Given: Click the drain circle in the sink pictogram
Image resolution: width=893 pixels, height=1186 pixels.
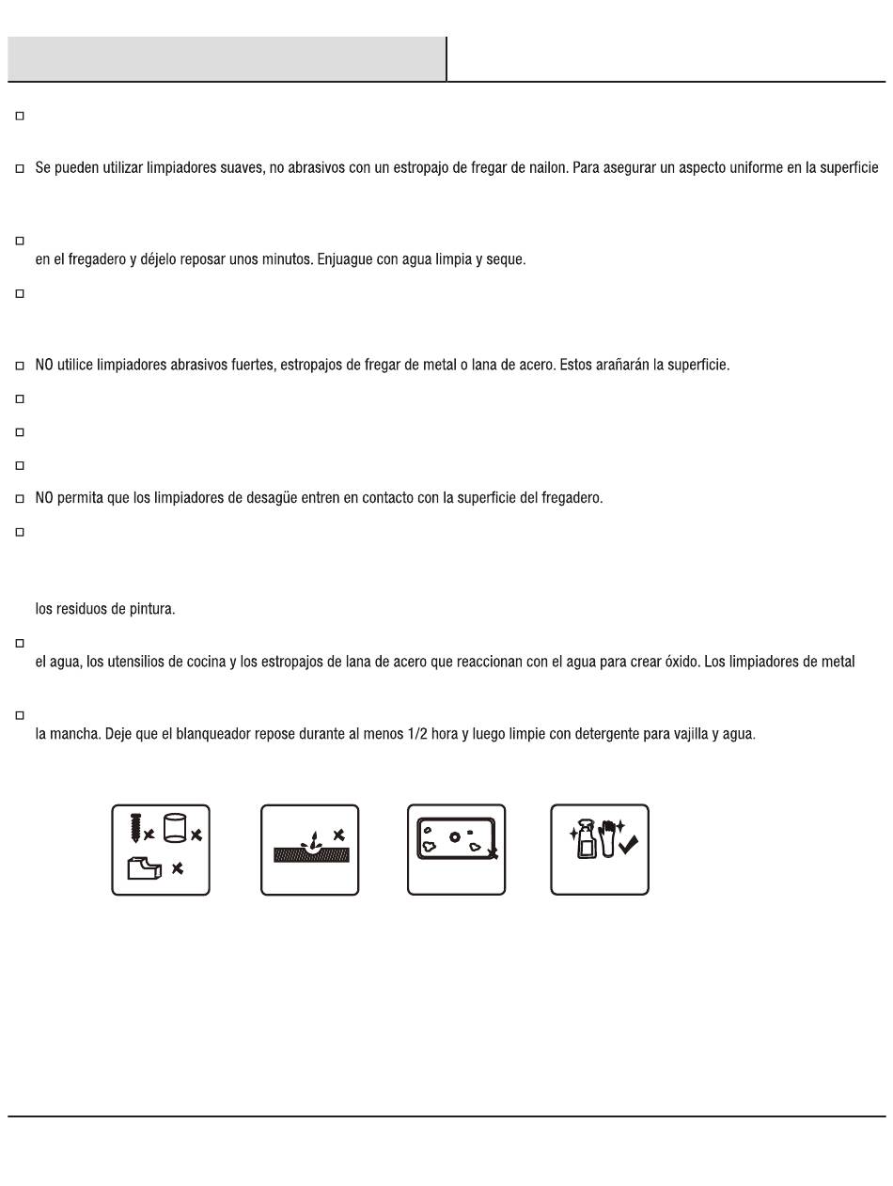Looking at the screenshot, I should coord(455,836).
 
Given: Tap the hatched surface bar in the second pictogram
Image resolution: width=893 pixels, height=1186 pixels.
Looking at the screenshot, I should coord(311,855).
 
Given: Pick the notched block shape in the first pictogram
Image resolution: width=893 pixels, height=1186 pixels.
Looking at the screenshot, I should coord(145,867).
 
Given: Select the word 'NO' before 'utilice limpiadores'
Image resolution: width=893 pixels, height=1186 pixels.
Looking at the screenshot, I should coord(44,365).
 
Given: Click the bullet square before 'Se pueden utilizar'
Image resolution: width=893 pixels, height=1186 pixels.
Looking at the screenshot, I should coord(20,169).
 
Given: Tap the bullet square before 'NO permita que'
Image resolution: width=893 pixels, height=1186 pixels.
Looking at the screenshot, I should coord(20,498).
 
